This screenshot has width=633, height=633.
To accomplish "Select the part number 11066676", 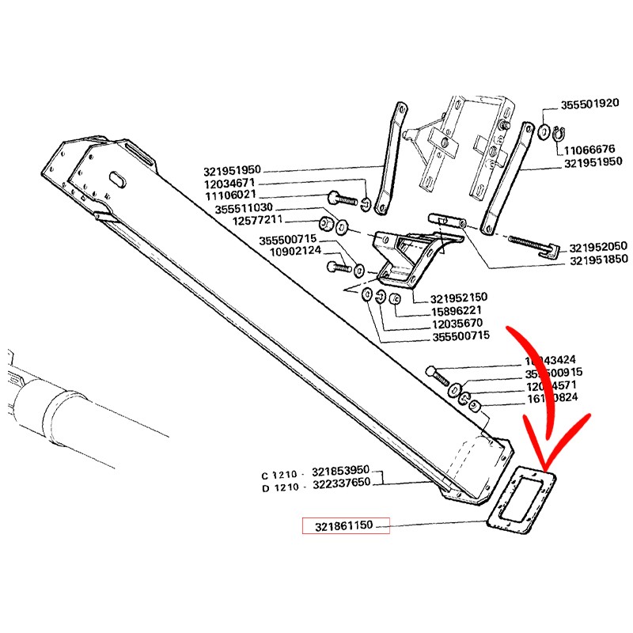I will [x=589, y=148].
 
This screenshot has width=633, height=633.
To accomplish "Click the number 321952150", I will [x=459, y=298].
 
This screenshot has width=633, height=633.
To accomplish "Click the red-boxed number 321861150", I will [x=345, y=525].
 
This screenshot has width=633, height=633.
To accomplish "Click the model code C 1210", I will [x=279, y=476].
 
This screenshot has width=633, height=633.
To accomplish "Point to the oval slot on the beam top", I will [x=116, y=180].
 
